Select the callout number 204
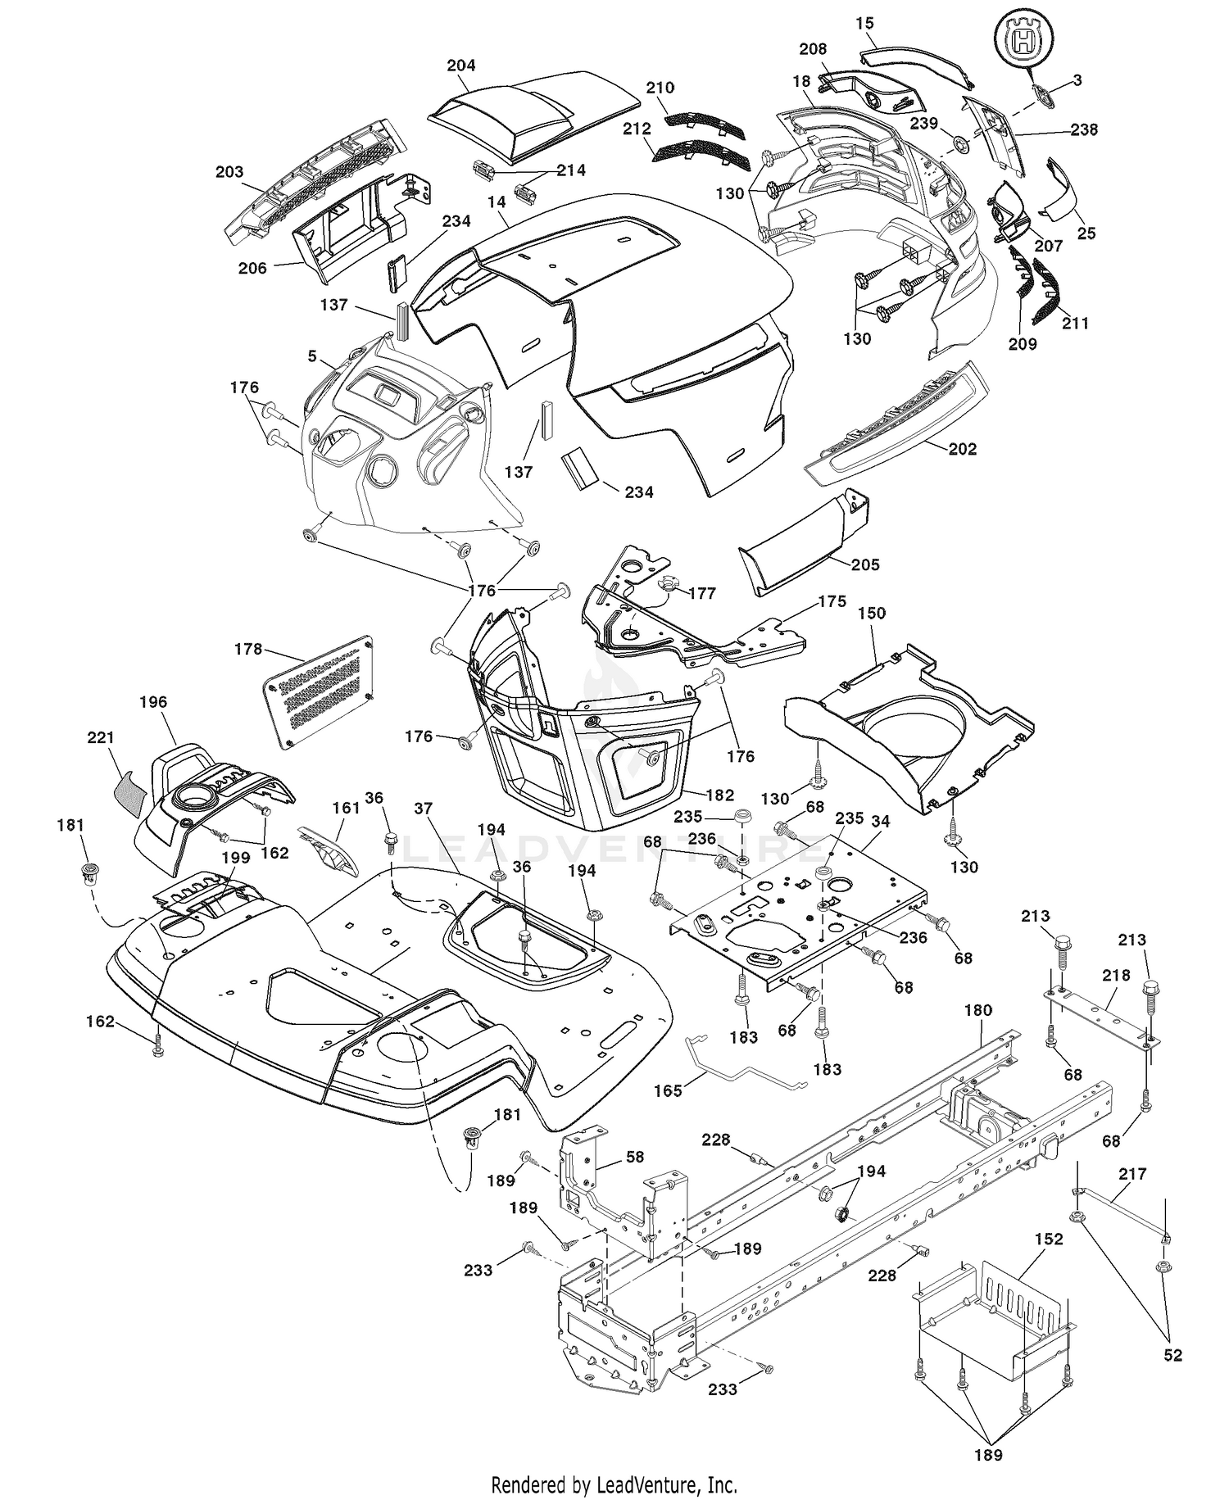coord(461,66)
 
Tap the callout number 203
coord(229,171)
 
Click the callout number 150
coord(872,613)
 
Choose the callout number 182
coord(719,795)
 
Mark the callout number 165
coord(668,1092)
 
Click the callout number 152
coord(1049,1239)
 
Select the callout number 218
coord(1116,976)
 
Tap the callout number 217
coord(1132,1174)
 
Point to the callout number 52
coord(1173,1355)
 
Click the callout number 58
coord(635,1158)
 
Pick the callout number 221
coord(102,738)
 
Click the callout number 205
coord(866,564)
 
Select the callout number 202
coord(962,449)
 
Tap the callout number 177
coord(702,593)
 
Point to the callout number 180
coord(978,1010)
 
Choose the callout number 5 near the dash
coord(312,356)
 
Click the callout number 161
coord(346,808)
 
